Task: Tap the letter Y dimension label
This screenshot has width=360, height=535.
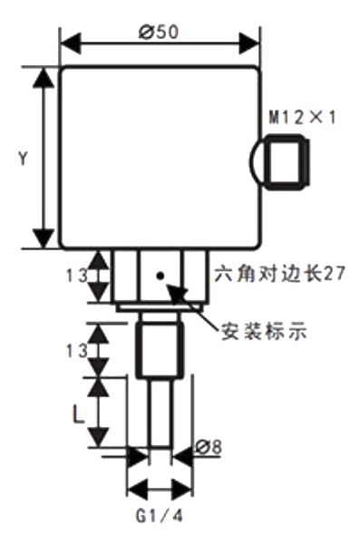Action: point(23,157)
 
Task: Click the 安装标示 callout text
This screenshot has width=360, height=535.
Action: point(263,331)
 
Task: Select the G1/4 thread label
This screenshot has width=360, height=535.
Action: point(159,516)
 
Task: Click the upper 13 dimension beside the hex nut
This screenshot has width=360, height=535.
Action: point(81,274)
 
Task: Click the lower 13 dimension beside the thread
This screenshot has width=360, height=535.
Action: point(79,349)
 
